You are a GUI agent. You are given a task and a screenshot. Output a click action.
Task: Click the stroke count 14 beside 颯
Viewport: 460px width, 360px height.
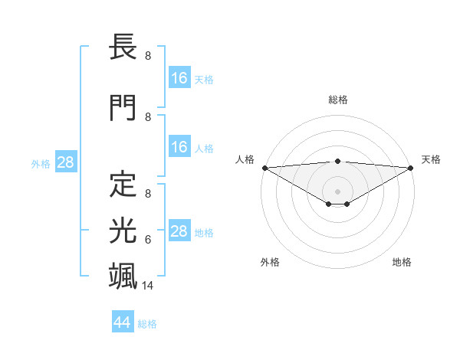tap(148, 286)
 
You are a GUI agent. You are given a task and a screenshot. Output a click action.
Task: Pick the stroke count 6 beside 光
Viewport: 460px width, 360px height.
tap(147, 240)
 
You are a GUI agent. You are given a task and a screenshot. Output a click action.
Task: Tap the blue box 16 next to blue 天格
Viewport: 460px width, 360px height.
tap(179, 78)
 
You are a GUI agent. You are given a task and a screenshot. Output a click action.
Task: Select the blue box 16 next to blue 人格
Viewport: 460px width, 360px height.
tap(179, 147)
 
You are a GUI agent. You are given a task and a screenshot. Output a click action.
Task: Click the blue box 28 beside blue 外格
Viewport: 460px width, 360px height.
tap(65, 162)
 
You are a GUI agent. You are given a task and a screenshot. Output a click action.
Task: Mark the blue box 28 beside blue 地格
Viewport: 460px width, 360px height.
tap(179, 231)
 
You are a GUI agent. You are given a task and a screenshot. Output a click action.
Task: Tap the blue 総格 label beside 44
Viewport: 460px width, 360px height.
tap(148, 324)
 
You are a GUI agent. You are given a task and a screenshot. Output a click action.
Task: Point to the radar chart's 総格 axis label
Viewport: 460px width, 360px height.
tap(337, 100)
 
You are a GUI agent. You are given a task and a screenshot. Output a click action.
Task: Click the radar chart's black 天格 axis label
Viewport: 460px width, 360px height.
tap(431, 159)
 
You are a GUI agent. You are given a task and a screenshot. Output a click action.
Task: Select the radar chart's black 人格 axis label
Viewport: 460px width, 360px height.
tap(245, 159)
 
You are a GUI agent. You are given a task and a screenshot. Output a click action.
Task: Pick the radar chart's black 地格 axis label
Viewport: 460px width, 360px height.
tap(402, 262)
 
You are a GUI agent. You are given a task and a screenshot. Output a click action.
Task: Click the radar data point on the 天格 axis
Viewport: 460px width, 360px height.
tap(411, 167)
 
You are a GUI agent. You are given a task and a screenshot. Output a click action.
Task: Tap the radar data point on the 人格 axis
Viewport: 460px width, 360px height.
tap(264, 167)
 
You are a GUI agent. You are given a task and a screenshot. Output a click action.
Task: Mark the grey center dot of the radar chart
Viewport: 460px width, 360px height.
tap(337, 191)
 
